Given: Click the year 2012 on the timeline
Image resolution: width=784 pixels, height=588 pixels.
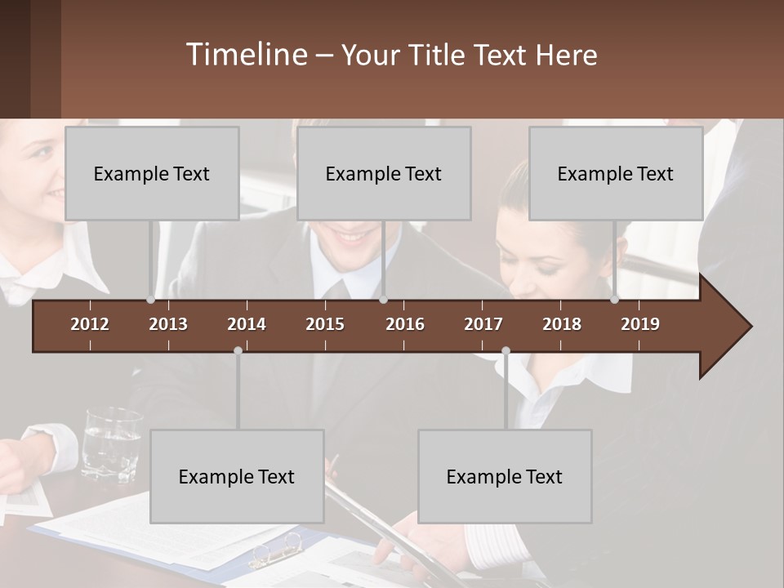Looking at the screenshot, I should pyautogui.click(x=90, y=324).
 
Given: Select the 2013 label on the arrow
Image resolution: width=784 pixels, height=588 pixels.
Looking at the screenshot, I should pyautogui.click(x=168, y=324).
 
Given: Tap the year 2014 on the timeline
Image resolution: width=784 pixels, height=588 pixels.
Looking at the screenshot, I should pyautogui.click(x=247, y=324).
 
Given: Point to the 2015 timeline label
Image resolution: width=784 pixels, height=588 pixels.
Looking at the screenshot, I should pyautogui.click(x=325, y=324).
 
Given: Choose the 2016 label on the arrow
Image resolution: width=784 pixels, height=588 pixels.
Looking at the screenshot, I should pyautogui.click(x=405, y=324).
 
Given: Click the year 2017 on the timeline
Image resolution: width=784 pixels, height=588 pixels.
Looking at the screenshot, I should pyautogui.click(x=483, y=324).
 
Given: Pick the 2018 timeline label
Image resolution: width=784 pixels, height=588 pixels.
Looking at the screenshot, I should pyautogui.click(x=562, y=324).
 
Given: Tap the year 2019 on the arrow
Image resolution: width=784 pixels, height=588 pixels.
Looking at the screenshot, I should pyautogui.click(x=640, y=324).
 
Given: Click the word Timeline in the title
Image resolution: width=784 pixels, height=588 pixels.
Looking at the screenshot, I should pyautogui.click(x=246, y=55).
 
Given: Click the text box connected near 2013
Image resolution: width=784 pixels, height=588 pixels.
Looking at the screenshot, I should pyautogui.click(x=152, y=173).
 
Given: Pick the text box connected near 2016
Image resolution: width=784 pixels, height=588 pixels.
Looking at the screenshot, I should pyautogui.click(x=384, y=173).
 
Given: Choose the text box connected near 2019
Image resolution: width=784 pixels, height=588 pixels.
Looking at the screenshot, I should pyautogui.click(x=616, y=173).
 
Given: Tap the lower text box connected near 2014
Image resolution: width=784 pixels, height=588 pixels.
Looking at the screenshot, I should pyautogui.click(x=237, y=476).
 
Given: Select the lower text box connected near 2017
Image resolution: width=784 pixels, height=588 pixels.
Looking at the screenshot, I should pyautogui.click(x=505, y=476).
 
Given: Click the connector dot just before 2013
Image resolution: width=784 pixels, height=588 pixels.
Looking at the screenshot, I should pyautogui.click(x=151, y=300).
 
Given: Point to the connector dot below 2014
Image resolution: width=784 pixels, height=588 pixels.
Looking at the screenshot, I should pyautogui.click(x=238, y=350).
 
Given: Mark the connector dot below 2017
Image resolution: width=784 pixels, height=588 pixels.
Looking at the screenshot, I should pyautogui.click(x=506, y=350).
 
